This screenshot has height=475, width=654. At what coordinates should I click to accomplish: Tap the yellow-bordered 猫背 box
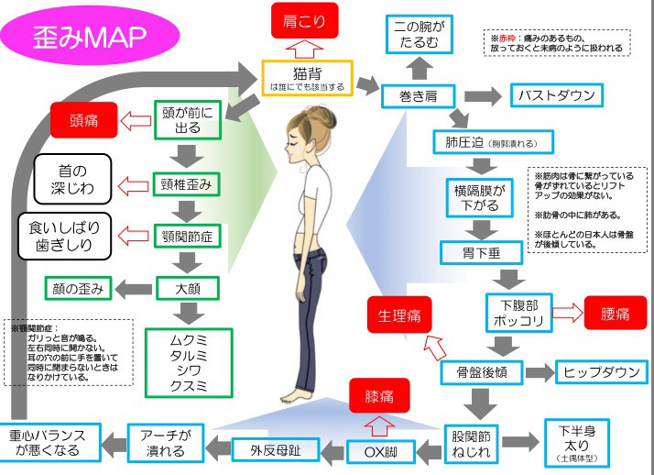(307, 79)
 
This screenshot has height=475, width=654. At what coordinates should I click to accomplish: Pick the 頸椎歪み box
(191, 184)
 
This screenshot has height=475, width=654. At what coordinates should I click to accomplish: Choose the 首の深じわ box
(72, 178)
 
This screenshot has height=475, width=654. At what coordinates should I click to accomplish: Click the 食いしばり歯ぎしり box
(66, 236)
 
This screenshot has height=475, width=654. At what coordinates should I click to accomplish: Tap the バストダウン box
(557, 95)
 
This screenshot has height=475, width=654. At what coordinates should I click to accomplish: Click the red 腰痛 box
(615, 314)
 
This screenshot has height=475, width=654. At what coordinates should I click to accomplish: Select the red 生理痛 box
(399, 315)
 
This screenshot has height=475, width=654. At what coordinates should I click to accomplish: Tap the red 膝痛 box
(379, 397)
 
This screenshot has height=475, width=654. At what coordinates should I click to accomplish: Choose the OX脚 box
(378, 450)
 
